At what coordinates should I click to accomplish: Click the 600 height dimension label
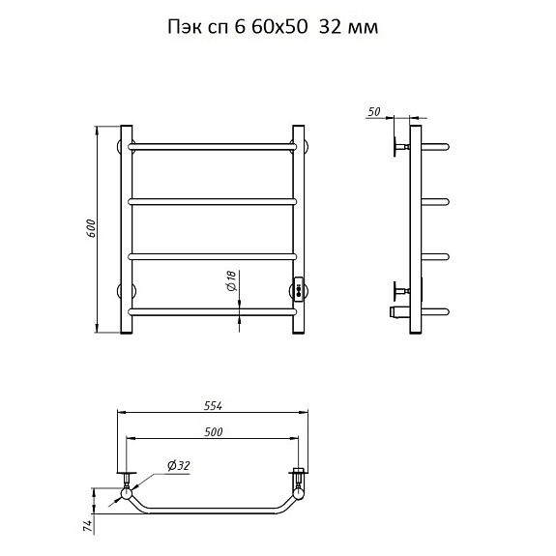(x=91, y=229)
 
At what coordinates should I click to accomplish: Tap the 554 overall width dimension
(x=214, y=406)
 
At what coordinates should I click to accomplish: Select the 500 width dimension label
(x=214, y=432)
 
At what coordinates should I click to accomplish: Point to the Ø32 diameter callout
(x=179, y=466)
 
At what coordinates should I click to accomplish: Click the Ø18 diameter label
(x=231, y=281)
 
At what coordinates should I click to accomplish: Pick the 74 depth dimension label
(x=88, y=527)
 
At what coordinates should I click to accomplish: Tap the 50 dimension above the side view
(x=374, y=112)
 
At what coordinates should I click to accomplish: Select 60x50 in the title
(x=279, y=27)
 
